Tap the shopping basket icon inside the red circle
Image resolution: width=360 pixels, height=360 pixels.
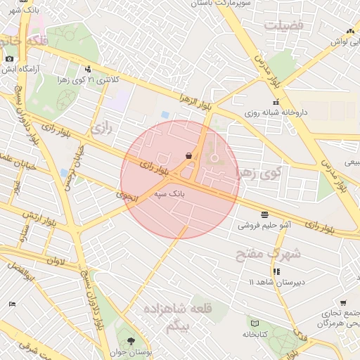point(189,155)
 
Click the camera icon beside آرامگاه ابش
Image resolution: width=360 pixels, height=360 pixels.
point(9,59)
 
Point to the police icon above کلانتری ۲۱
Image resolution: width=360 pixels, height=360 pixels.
point(88,70)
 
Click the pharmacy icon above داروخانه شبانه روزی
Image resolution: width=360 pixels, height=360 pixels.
point(275,103)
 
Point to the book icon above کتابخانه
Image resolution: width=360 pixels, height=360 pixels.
point(255,323)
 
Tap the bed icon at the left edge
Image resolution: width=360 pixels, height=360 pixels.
point(12,303)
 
